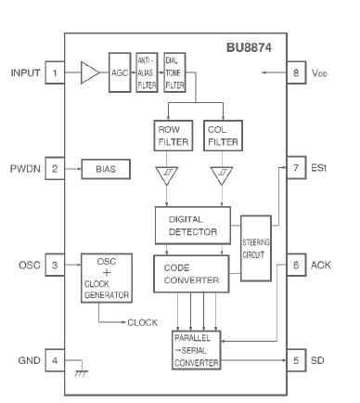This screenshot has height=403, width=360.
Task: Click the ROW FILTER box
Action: (x=168, y=136)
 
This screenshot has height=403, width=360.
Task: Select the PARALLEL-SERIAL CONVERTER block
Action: (x=196, y=350)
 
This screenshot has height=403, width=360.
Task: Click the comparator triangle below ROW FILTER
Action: (x=168, y=175)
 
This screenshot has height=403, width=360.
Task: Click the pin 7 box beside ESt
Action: (x=294, y=169)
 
